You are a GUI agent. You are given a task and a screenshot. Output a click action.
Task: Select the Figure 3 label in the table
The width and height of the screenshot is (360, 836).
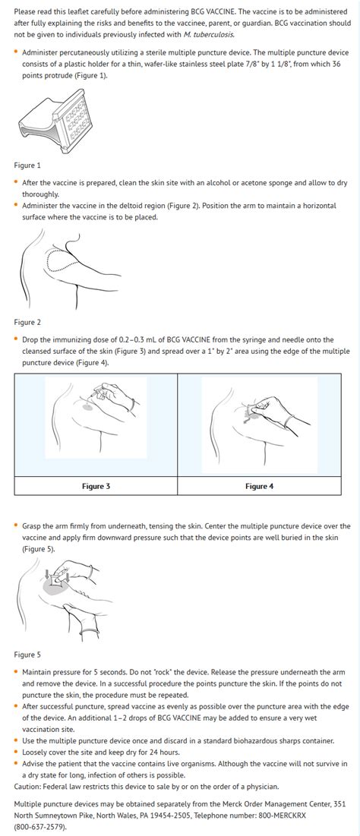pyautogui.click(x=96, y=486)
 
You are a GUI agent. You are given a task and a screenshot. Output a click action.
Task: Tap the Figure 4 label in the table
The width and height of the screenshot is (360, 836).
pyautogui.click(x=259, y=486)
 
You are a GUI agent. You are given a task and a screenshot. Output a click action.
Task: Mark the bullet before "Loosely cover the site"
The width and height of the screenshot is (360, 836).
pyautogui.click(x=17, y=752)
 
